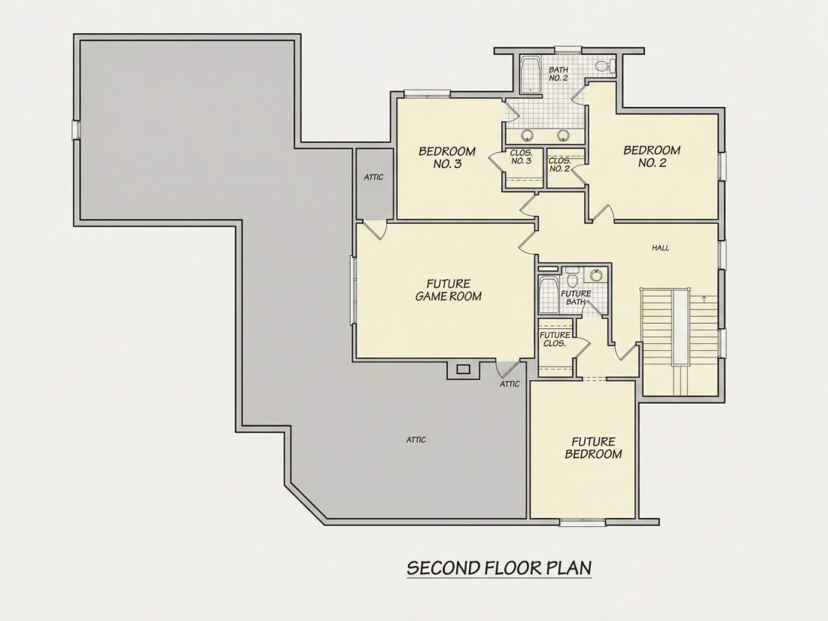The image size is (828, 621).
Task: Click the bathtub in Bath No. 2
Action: click(x=530, y=75)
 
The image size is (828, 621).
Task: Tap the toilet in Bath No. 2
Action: click(x=605, y=66)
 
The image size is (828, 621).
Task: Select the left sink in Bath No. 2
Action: click(x=527, y=135)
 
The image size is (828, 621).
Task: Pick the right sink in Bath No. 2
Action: click(x=564, y=135)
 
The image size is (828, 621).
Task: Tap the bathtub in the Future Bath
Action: click(x=546, y=295)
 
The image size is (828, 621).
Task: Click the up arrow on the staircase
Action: click(x=705, y=299)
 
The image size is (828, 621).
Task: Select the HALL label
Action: click(x=660, y=248)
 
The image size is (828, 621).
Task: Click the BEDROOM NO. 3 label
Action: click(x=447, y=157)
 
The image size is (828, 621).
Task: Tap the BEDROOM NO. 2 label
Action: click(x=652, y=157)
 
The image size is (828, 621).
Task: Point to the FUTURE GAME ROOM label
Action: click(x=449, y=291)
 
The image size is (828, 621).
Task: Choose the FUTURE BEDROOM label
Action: click(x=594, y=448)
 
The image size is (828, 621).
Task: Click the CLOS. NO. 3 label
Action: click(x=521, y=157)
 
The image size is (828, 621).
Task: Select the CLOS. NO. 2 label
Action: click(x=559, y=165)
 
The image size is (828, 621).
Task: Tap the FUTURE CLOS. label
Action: click(x=555, y=339)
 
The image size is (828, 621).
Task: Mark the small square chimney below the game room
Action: click(x=463, y=369)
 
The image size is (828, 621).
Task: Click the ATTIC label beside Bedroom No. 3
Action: click(x=373, y=178)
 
